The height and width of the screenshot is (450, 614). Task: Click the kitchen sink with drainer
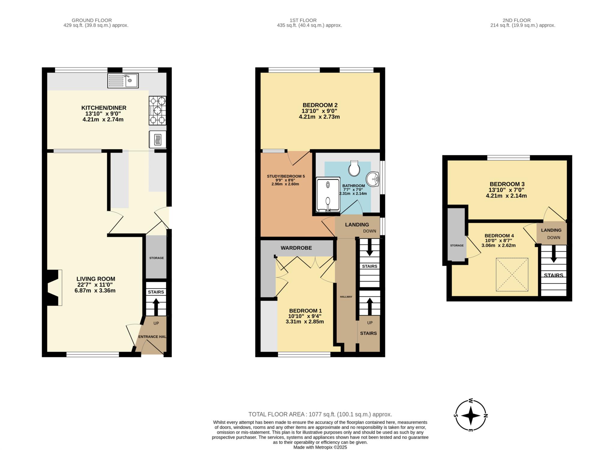[123, 81]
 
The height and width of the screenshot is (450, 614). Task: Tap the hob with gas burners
[157, 110]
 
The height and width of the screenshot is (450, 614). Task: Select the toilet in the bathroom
[354, 168]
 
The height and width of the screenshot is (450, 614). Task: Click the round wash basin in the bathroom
[373, 179]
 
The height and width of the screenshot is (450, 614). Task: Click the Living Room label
[96, 279]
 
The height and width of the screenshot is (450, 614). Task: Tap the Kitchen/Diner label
[104, 108]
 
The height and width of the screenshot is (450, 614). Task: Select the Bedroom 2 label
[320, 105]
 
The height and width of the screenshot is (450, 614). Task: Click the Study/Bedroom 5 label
[286, 176]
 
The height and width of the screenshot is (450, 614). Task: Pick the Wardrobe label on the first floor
[296, 248]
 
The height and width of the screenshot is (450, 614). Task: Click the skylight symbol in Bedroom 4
[512, 274]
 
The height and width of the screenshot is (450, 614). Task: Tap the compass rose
[470, 416]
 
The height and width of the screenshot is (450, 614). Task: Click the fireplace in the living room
[53, 288]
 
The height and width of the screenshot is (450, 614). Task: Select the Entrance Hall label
[152, 336]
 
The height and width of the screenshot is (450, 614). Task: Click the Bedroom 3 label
[507, 184]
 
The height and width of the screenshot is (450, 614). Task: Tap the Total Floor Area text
[320, 414]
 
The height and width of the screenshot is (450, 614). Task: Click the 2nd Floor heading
[517, 20]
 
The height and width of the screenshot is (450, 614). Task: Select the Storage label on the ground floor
[156, 258]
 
